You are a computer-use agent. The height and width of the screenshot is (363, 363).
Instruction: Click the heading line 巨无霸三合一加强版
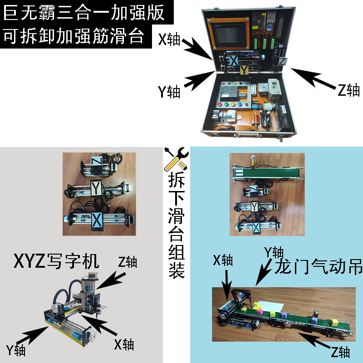click(x=84, y=12)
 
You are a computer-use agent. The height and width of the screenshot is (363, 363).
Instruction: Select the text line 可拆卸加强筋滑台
click(x=74, y=36)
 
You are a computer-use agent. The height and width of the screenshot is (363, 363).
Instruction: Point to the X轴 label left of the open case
click(x=169, y=39)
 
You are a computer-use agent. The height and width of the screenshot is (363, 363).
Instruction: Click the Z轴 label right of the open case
click(x=348, y=90)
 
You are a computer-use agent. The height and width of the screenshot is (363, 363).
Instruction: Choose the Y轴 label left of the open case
click(x=169, y=92)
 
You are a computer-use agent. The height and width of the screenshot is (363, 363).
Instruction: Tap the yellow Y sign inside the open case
click(x=244, y=70)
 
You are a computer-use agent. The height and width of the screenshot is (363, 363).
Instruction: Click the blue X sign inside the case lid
click(x=233, y=60)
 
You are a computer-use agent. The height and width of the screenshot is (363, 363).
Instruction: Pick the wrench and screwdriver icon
click(x=177, y=159)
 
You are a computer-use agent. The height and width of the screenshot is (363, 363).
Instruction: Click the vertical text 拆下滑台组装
click(x=177, y=225)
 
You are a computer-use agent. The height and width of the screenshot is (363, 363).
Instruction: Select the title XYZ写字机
click(x=56, y=261)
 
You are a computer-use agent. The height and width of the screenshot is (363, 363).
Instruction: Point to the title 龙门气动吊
click(x=319, y=266)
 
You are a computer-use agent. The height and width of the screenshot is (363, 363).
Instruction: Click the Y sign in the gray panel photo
click(x=96, y=188)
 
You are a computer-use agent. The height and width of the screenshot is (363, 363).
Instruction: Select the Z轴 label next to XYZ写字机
click(x=128, y=262)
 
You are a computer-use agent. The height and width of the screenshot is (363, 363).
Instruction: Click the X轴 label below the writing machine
click(x=124, y=344)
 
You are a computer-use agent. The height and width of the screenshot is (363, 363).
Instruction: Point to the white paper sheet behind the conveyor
click(x=270, y=306)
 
